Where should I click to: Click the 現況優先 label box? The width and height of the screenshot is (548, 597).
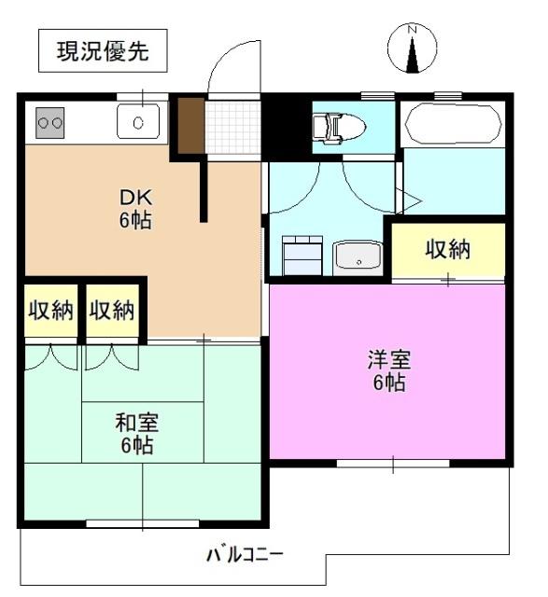click(x=103, y=52)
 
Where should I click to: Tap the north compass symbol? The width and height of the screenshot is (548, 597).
click(x=411, y=49)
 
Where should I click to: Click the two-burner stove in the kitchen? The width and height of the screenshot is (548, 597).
click(x=49, y=120)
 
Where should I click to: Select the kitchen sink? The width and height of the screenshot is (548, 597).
click(x=138, y=120)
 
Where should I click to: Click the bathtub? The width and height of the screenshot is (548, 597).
click(x=452, y=122)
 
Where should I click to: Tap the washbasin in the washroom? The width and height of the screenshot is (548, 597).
click(x=358, y=256)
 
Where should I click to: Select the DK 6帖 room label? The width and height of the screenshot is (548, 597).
click(x=136, y=209)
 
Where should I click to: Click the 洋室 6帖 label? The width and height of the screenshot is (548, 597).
click(x=388, y=370)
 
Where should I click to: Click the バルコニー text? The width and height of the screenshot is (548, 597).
click(x=245, y=554)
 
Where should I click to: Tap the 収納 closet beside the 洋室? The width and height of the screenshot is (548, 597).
click(x=448, y=250)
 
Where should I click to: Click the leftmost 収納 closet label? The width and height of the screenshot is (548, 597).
click(x=49, y=311)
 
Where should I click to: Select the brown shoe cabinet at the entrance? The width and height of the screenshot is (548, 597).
click(x=190, y=125)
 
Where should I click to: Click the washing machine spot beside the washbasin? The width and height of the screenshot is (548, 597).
click(x=302, y=255)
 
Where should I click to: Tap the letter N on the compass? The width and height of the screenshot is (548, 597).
click(x=411, y=29)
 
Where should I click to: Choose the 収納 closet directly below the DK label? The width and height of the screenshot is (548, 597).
click(x=113, y=311)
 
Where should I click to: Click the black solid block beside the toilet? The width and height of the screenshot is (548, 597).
click(x=285, y=126)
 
